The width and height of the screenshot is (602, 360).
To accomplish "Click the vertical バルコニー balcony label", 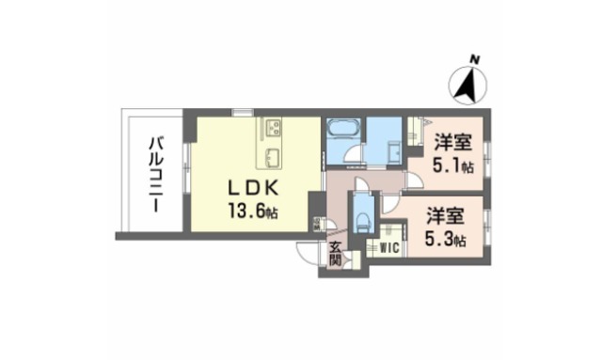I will click(153, 173).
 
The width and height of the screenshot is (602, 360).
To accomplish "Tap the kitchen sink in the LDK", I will click(272, 155).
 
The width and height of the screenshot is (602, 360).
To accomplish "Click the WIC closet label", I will click(386, 248).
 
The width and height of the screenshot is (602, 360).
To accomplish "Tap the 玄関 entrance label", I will click(335, 254).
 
